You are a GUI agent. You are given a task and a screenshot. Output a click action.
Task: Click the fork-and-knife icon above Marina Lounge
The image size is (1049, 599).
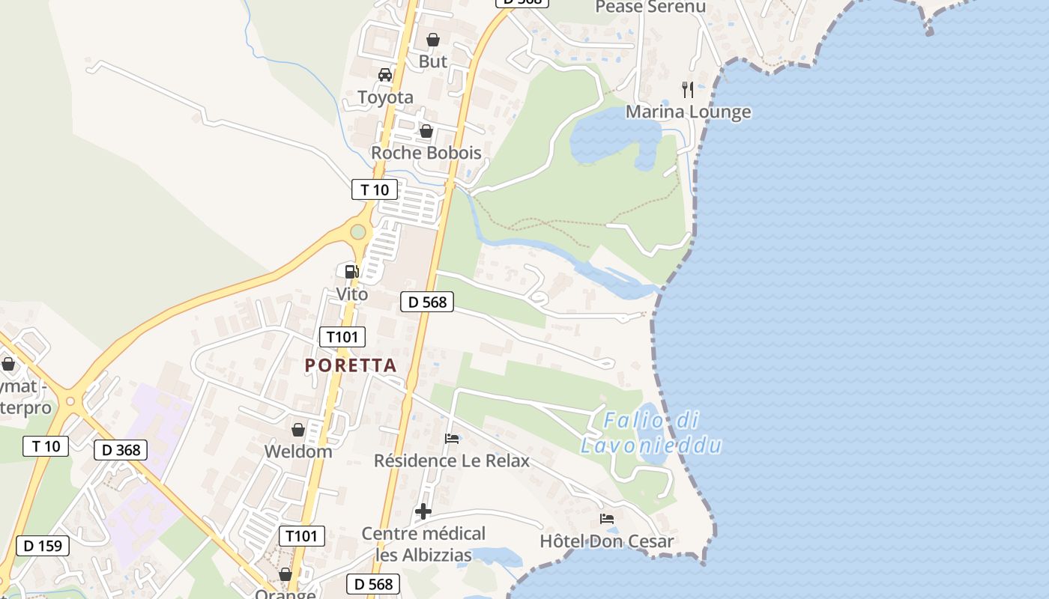point(688,90)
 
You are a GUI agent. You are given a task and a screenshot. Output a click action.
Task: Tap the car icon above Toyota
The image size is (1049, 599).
point(385,75)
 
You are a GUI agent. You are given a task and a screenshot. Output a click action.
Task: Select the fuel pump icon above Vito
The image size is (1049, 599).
point(351,271)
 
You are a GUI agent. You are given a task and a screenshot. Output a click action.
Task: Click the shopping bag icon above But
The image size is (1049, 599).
point(433,40)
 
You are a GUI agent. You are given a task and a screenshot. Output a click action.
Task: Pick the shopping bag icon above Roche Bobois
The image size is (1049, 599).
point(426,131)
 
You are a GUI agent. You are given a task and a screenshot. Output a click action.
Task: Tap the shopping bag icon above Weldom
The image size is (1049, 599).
point(298,430)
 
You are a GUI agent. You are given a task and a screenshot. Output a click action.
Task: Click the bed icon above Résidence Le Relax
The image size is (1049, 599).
point(452,438)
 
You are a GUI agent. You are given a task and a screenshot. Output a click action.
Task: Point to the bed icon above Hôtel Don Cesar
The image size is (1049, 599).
point(607,518)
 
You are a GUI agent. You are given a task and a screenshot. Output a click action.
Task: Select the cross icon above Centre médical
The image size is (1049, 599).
point(423,511)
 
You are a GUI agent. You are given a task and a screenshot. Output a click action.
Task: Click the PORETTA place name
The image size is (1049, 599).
point(351,365)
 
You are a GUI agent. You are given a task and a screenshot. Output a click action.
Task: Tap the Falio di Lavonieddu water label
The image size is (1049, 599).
point(651,433)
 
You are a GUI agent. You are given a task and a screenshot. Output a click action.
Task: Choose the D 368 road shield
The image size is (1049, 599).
point(121,450)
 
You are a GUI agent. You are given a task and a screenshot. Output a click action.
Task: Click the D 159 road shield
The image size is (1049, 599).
point(43,546)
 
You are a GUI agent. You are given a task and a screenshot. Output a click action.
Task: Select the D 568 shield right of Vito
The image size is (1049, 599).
point(427,302)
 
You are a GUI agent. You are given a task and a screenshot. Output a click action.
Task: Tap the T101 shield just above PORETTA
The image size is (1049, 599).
point(342,337)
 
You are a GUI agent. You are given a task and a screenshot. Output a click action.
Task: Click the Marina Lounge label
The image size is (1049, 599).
point(688,112)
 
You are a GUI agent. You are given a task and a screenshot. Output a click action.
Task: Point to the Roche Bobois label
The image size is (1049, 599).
point(426,153)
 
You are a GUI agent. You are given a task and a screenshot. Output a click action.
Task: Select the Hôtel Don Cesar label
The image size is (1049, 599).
point(607,541)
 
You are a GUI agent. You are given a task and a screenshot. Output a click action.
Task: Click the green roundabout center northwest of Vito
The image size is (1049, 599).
point(358,232)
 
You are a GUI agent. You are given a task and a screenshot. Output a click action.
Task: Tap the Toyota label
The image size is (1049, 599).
point(385,97)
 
